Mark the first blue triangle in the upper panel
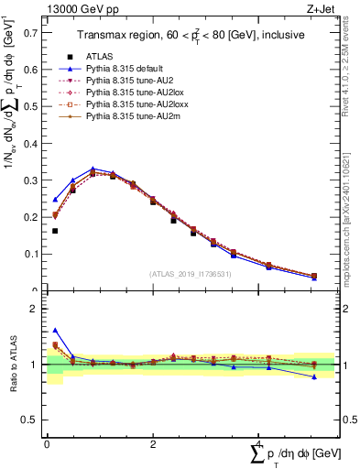[x=55, y=199]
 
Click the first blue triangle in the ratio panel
[x=55, y=330]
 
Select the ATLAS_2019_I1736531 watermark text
[x=190, y=274]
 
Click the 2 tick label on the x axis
[x=152, y=444]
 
